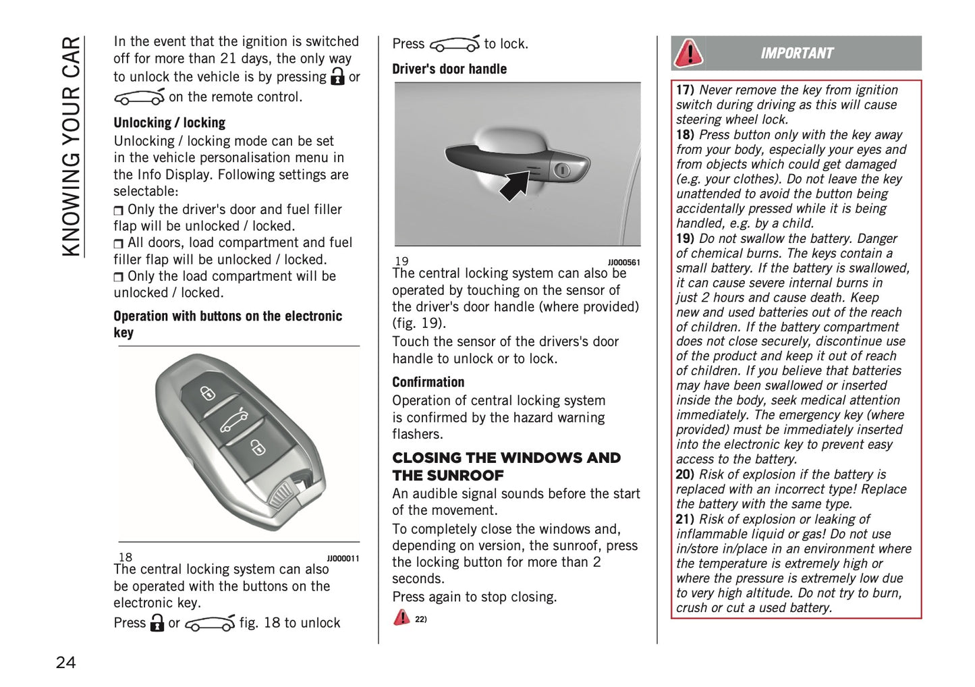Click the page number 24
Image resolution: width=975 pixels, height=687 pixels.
tap(65, 662)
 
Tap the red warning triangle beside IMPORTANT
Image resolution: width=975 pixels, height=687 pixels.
tap(689, 53)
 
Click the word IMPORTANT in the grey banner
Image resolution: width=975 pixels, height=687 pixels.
tap(797, 53)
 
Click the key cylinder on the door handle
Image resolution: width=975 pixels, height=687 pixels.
tap(562, 170)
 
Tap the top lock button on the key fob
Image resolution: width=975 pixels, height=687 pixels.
tap(208, 393)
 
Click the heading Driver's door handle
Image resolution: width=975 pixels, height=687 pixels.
tap(449, 69)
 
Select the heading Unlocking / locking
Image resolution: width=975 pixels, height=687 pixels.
tap(169, 123)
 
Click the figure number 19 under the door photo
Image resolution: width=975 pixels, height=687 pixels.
tap(401, 261)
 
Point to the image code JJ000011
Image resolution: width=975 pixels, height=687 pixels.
tap(343, 559)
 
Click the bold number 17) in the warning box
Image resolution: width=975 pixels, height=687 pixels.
tap(685, 90)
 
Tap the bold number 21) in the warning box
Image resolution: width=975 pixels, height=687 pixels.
tap(685, 519)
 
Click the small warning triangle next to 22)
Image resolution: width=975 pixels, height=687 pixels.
tap(401, 617)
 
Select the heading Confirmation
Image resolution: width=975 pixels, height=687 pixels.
tap(428, 382)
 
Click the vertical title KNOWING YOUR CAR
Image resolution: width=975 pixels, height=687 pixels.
tap(71, 146)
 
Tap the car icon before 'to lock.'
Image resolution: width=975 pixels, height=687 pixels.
tap(455, 44)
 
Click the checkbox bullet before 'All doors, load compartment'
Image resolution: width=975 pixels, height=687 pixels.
tap(119, 244)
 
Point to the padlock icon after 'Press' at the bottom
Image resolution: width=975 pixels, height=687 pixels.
tap(157, 622)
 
